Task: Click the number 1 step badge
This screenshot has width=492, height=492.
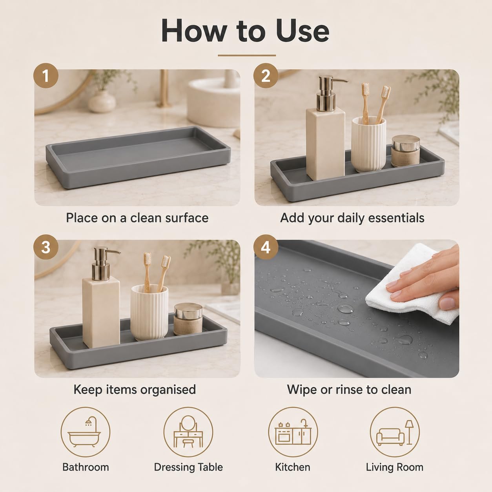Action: tap(46, 76)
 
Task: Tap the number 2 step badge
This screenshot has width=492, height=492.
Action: tap(266, 76)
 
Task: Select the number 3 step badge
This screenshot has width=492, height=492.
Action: tap(46, 247)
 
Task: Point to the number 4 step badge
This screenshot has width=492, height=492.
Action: tap(266, 247)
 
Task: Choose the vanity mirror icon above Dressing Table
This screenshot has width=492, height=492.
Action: tap(188, 432)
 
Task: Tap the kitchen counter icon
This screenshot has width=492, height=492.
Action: tap(293, 432)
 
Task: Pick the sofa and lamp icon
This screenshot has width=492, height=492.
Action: tap(395, 432)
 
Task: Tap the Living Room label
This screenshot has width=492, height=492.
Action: tap(395, 467)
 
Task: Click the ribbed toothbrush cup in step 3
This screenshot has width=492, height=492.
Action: tap(149, 313)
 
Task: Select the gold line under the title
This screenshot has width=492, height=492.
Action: tap(247, 55)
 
